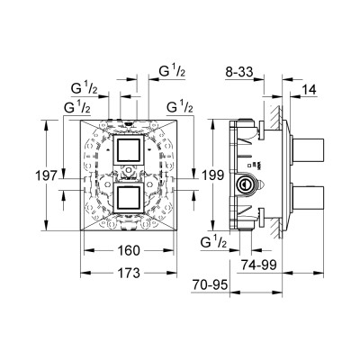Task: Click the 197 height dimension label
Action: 46,175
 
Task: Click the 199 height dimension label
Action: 212,175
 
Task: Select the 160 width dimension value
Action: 129,250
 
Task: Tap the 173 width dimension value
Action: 129,273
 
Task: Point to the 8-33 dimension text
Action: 239,72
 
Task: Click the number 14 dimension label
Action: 309,90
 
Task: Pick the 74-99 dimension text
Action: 259,265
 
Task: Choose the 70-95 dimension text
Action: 210,284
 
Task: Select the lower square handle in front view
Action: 128,198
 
